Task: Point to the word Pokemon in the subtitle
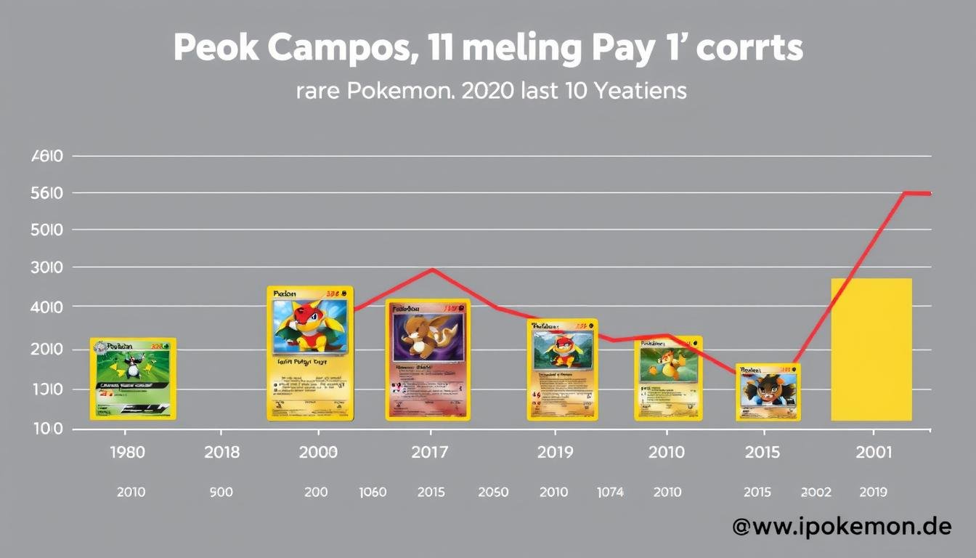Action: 405,92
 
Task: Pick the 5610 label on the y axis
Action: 48,193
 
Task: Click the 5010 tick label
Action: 48,230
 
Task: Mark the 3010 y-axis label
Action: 48,268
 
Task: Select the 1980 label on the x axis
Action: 126,452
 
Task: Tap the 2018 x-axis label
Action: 221,452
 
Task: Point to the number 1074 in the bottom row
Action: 610,492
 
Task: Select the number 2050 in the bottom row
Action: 493,492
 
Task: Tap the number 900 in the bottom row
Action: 221,492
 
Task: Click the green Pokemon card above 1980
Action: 133,379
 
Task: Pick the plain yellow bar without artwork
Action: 871,349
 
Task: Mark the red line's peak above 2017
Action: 432,270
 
